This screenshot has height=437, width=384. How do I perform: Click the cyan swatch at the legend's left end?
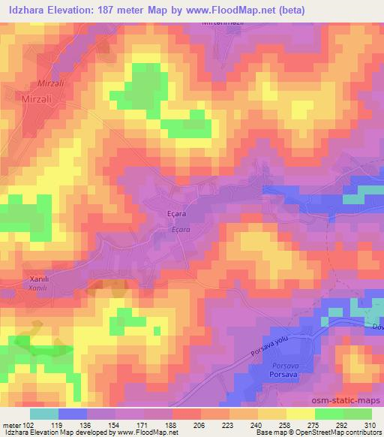click(43, 413)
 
